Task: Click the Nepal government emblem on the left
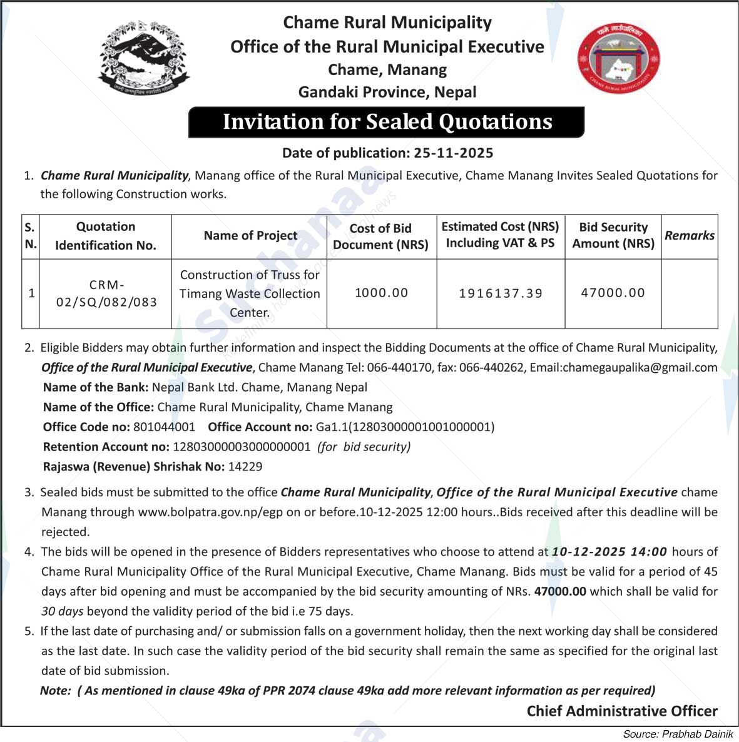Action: click(143, 58)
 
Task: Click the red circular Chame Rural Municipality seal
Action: click(618, 59)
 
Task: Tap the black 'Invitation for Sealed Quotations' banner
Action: click(387, 122)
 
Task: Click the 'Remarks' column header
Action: click(689, 236)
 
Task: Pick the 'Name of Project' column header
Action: click(250, 236)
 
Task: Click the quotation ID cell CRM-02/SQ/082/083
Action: click(106, 293)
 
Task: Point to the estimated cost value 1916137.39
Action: click(501, 293)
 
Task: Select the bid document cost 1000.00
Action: click(381, 293)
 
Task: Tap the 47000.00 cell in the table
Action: click(613, 293)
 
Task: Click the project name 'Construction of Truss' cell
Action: click(250, 293)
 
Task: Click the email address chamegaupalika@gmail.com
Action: click(640, 367)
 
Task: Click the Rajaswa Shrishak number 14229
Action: click(245, 467)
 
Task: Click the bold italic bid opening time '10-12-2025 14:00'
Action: click(609, 552)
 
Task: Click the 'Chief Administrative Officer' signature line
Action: click(621, 711)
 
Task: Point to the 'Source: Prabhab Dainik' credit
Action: click(678, 734)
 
